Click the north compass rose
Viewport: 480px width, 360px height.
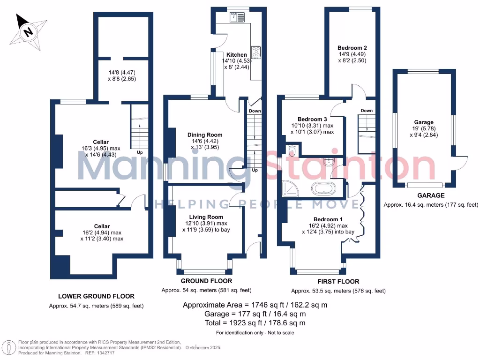[x=29, y=32]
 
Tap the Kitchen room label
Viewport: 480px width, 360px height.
[x=237, y=55]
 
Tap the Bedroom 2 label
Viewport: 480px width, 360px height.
[x=352, y=48]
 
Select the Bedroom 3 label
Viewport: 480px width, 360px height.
[x=312, y=119]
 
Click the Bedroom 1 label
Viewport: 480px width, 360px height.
[x=328, y=219]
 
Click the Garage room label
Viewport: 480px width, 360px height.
[x=424, y=122]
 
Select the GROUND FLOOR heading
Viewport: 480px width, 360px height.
[x=207, y=281]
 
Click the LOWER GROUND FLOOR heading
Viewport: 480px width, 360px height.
[x=96, y=296]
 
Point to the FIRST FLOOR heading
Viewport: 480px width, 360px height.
[x=338, y=282]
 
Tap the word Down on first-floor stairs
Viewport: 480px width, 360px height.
[x=367, y=111]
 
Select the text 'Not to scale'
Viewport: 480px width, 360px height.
[x=280, y=333]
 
